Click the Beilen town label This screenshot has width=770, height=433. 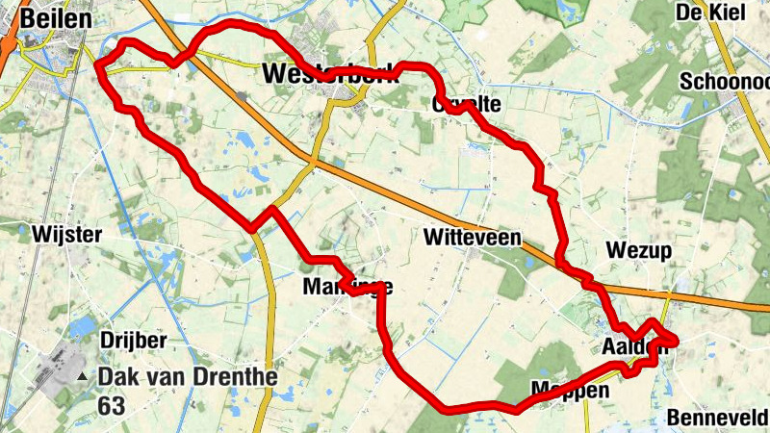55,17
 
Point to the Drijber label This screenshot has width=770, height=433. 133,341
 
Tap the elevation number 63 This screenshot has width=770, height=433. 112,406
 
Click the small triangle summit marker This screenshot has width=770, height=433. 84,377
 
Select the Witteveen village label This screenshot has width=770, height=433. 472,237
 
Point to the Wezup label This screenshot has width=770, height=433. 638,251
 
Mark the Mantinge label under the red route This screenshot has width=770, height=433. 346,287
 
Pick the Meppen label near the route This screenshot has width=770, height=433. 570,391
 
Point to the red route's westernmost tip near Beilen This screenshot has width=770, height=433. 98,65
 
